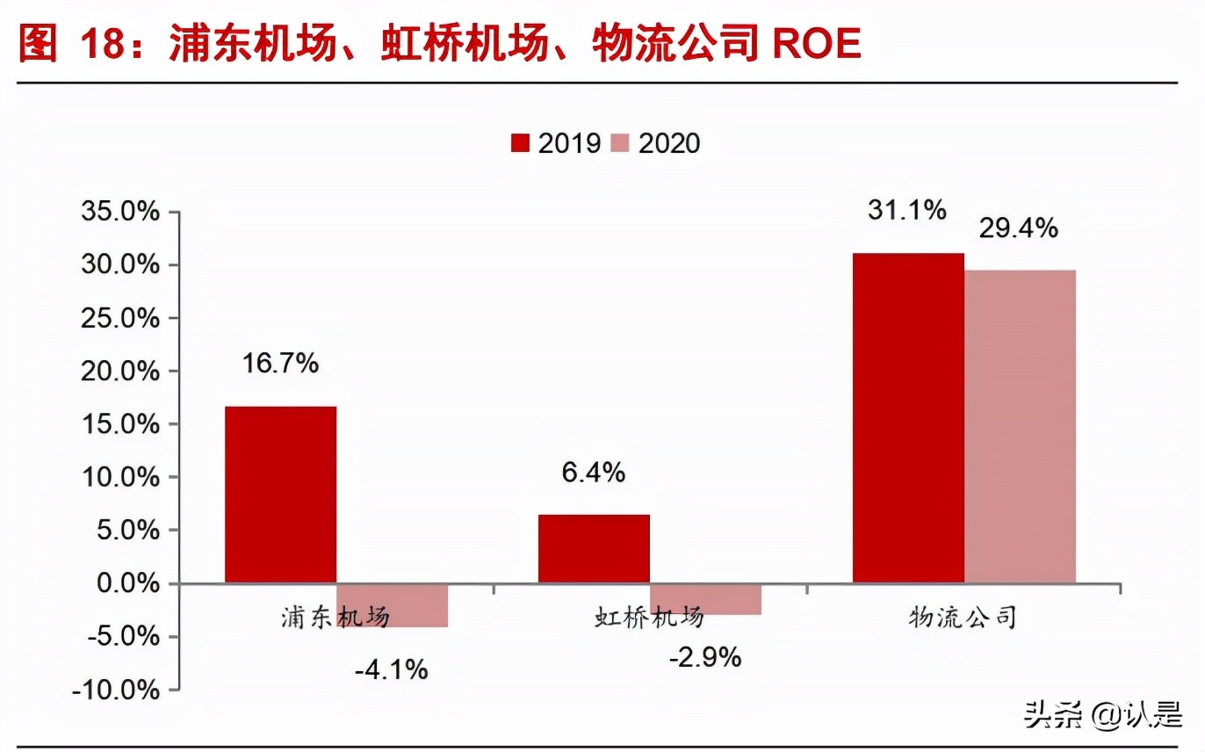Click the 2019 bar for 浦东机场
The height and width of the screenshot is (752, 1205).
(x=280, y=495)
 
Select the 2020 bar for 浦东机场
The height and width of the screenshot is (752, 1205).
(x=393, y=605)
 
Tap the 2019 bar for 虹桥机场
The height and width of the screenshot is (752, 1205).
(x=594, y=549)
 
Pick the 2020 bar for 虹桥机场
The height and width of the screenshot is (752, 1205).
(x=705, y=599)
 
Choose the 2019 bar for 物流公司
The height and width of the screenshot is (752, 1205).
(x=908, y=418)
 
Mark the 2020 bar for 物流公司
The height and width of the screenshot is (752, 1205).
(x=1020, y=426)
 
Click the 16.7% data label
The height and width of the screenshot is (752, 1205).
(x=280, y=364)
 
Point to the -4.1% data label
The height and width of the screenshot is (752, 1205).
(x=392, y=670)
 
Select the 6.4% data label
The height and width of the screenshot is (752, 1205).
(x=594, y=473)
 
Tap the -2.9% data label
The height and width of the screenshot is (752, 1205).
(x=705, y=656)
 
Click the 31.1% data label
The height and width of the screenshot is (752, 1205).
(x=908, y=211)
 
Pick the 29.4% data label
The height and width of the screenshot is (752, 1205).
(x=1020, y=229)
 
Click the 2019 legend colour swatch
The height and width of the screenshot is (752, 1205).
(x=521, y=144)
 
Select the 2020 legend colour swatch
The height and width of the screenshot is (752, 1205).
(x=621, y=144)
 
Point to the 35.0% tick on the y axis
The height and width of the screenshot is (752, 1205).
(x=120, y=213)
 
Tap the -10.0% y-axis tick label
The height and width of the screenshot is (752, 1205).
(x=117, y=691)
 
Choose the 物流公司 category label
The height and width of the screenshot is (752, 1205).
(x=963, y=617)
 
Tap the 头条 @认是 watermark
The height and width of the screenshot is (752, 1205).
(x=1103, y=716)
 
